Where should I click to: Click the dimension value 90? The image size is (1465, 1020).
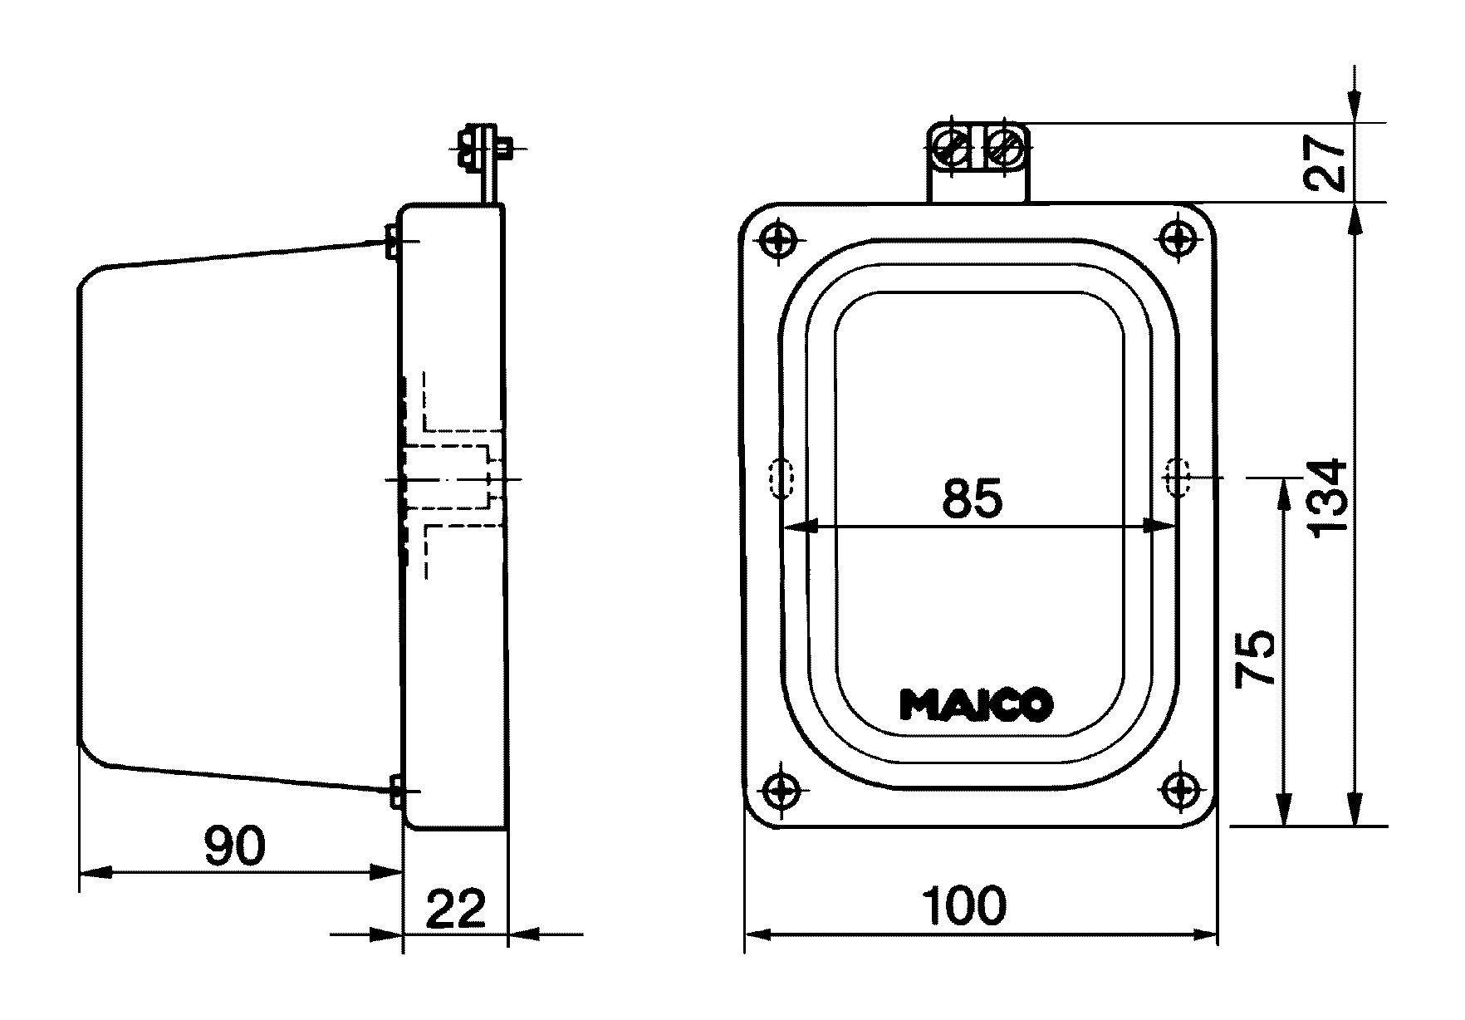pos(235,846)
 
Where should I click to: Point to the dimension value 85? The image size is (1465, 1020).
pos(973,498)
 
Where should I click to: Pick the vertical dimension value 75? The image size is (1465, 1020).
pos(1255,657)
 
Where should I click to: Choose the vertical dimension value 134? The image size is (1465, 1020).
pos(1326,498)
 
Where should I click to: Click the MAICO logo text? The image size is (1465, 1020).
pos(977,704)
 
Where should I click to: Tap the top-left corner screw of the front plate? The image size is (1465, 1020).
pos(779,241)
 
